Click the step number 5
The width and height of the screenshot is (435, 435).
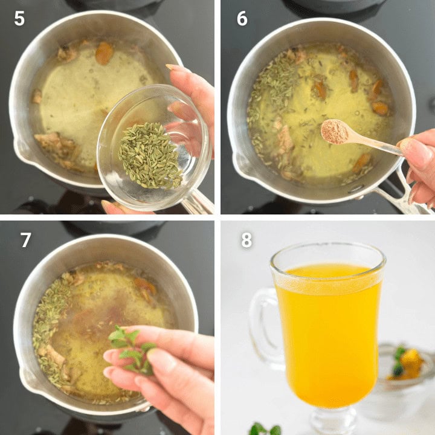[x=19, y=19]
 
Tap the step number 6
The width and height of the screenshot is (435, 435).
[x=242, y=19]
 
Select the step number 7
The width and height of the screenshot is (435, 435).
[x=25, y=240]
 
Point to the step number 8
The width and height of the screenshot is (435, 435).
[x=246, y=240]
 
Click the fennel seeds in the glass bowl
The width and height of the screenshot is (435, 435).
[x=150, y=155]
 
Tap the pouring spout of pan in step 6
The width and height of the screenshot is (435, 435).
[x=240, y=163]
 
